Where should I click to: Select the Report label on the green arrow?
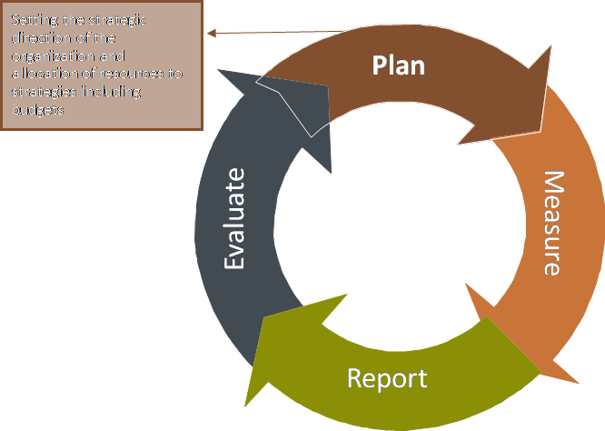point(387,376)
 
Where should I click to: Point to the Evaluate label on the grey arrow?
point(235,218)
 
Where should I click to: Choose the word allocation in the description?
point(42,74)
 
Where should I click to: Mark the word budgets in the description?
point(37,110)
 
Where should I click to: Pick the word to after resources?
point(175,74)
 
